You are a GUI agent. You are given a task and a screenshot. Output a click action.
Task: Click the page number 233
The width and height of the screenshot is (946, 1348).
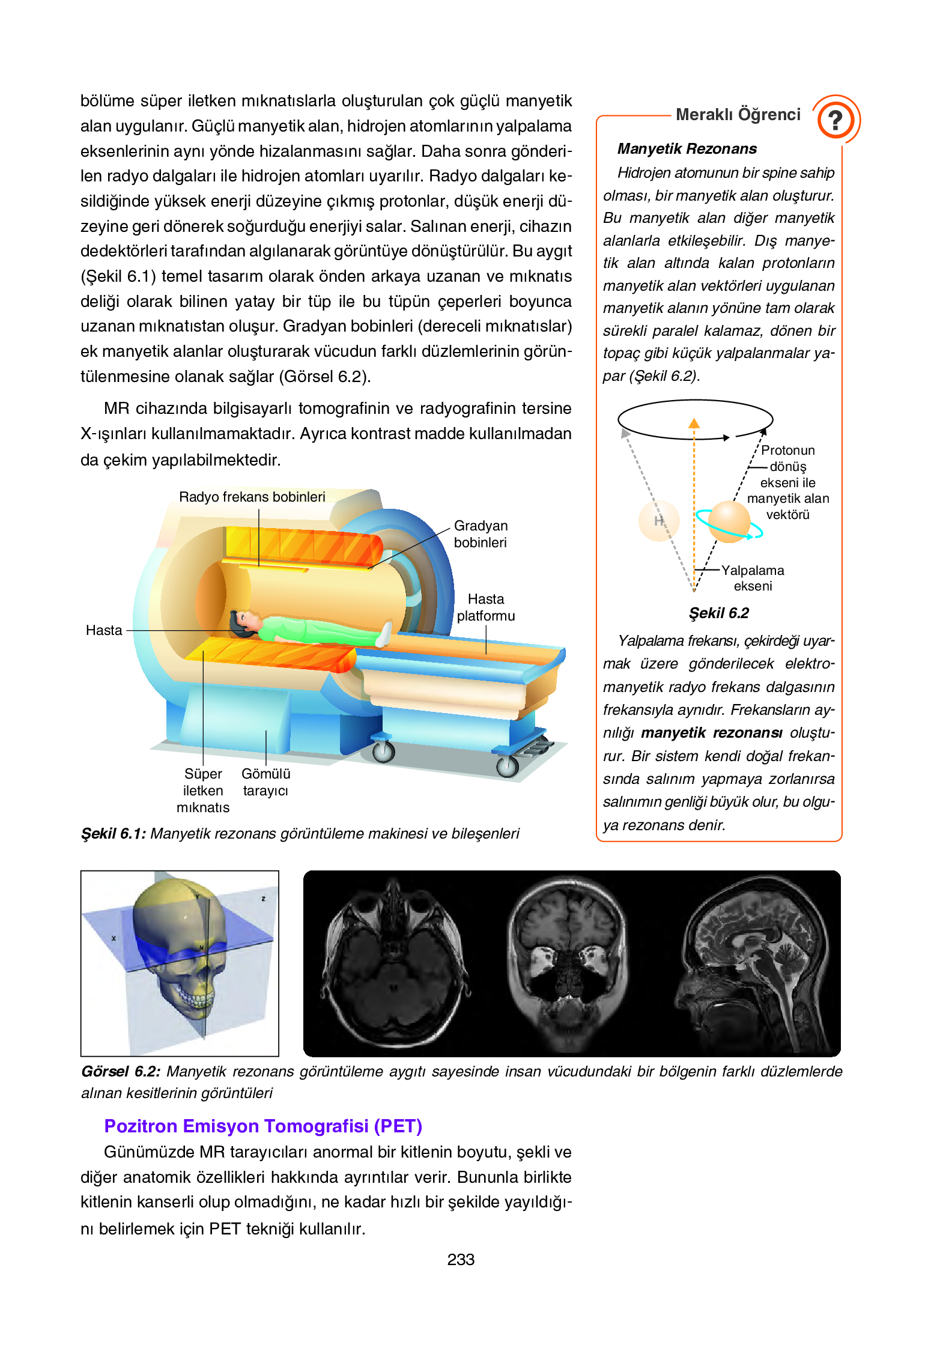[461, 1259]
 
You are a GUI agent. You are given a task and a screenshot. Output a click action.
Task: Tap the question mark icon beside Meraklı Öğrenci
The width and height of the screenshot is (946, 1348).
[835, 120]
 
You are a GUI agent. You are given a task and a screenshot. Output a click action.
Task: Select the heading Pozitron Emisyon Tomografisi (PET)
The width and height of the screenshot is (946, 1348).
[263, 1126]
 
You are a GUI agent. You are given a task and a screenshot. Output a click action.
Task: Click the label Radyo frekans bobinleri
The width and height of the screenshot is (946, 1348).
[252, 497]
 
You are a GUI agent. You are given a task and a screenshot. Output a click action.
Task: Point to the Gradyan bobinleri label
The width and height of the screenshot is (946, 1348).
[481, 534]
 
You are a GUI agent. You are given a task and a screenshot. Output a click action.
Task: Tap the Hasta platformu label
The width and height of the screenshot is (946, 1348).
[486, 607]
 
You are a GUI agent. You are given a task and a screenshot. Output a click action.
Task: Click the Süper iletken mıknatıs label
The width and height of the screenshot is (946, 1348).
[203, 791]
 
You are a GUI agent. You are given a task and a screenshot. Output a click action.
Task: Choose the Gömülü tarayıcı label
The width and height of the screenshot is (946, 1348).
[265, 782]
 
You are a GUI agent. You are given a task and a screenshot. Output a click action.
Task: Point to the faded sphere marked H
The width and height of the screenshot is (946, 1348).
[659, 521]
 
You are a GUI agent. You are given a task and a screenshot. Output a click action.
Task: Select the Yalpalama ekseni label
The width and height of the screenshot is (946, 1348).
[753, 578]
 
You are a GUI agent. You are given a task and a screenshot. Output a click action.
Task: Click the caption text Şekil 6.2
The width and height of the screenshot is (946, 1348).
[718, 613]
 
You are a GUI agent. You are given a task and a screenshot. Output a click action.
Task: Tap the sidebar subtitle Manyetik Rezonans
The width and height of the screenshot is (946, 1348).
[687, 149]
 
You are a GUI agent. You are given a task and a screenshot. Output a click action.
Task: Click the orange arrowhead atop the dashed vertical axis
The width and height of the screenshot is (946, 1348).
[694, 424]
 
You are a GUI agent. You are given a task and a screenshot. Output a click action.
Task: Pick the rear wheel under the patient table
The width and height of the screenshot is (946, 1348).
[383, 751]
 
